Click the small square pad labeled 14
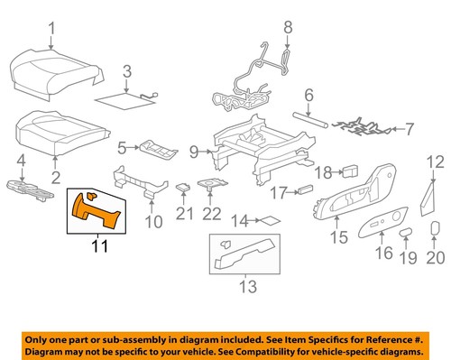(x=269, y=219)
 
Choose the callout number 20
(x=436, y=260)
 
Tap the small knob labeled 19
(x=404, y=232)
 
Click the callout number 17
(x=281, y=191)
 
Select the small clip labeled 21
(x=185, y=189)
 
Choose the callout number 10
(x=152, y=220)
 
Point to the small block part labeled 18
(x=353, y=169)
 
